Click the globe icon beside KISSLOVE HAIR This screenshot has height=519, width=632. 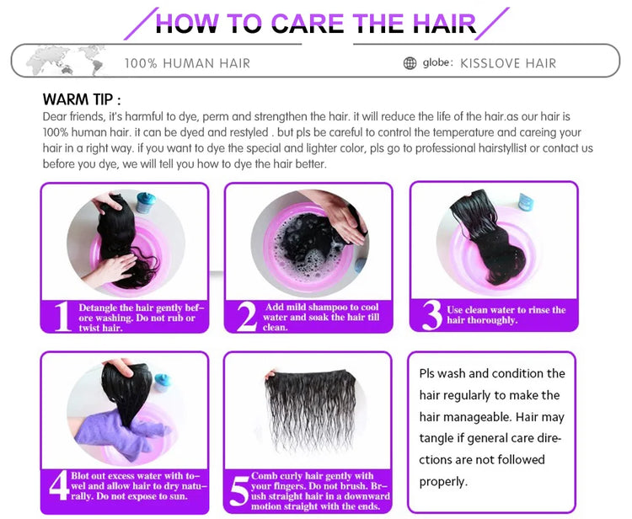click(410, 63)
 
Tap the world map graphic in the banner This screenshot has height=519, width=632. click(67, 61)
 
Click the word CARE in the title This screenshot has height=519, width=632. click(308, 24)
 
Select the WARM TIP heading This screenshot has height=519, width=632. click(82, 99)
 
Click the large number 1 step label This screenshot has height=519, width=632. click(62, 317)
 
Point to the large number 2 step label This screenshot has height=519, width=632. click(247, 317)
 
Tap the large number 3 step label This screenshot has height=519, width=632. click(432, 315)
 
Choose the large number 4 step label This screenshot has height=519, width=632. click(59, 485)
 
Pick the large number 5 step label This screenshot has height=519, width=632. click(239, 491)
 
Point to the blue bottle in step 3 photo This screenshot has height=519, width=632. click(526, 202)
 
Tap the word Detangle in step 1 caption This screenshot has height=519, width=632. click(97, 308)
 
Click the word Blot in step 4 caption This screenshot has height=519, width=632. click(80, 475)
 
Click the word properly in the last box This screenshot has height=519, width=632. click(443, 482)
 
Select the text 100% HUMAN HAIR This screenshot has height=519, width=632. click(187, 63)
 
